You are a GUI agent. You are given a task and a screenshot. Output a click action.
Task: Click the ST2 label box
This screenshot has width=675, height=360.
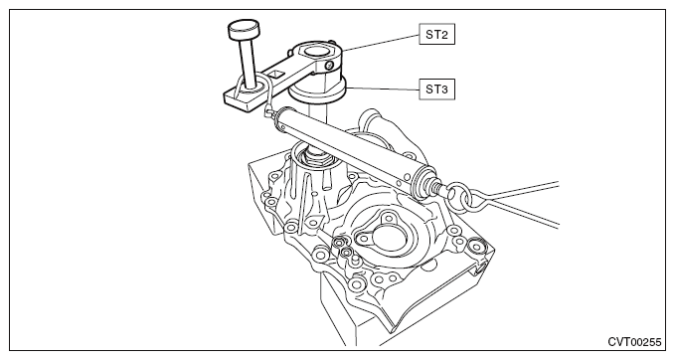tap(437, 34)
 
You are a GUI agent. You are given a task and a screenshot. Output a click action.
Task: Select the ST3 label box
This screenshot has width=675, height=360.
tap(437, 90)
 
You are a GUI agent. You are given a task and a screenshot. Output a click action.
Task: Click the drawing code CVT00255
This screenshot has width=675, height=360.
tap(634, 342)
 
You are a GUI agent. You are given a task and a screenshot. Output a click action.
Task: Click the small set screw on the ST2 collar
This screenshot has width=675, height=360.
tap(329, 65)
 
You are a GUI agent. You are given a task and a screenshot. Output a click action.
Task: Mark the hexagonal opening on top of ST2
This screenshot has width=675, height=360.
tap(317, 51)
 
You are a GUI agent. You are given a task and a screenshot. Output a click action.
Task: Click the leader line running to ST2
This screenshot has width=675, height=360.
tap(381, 43)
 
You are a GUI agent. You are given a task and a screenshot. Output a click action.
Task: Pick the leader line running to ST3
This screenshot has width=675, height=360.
tap(383, 90)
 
